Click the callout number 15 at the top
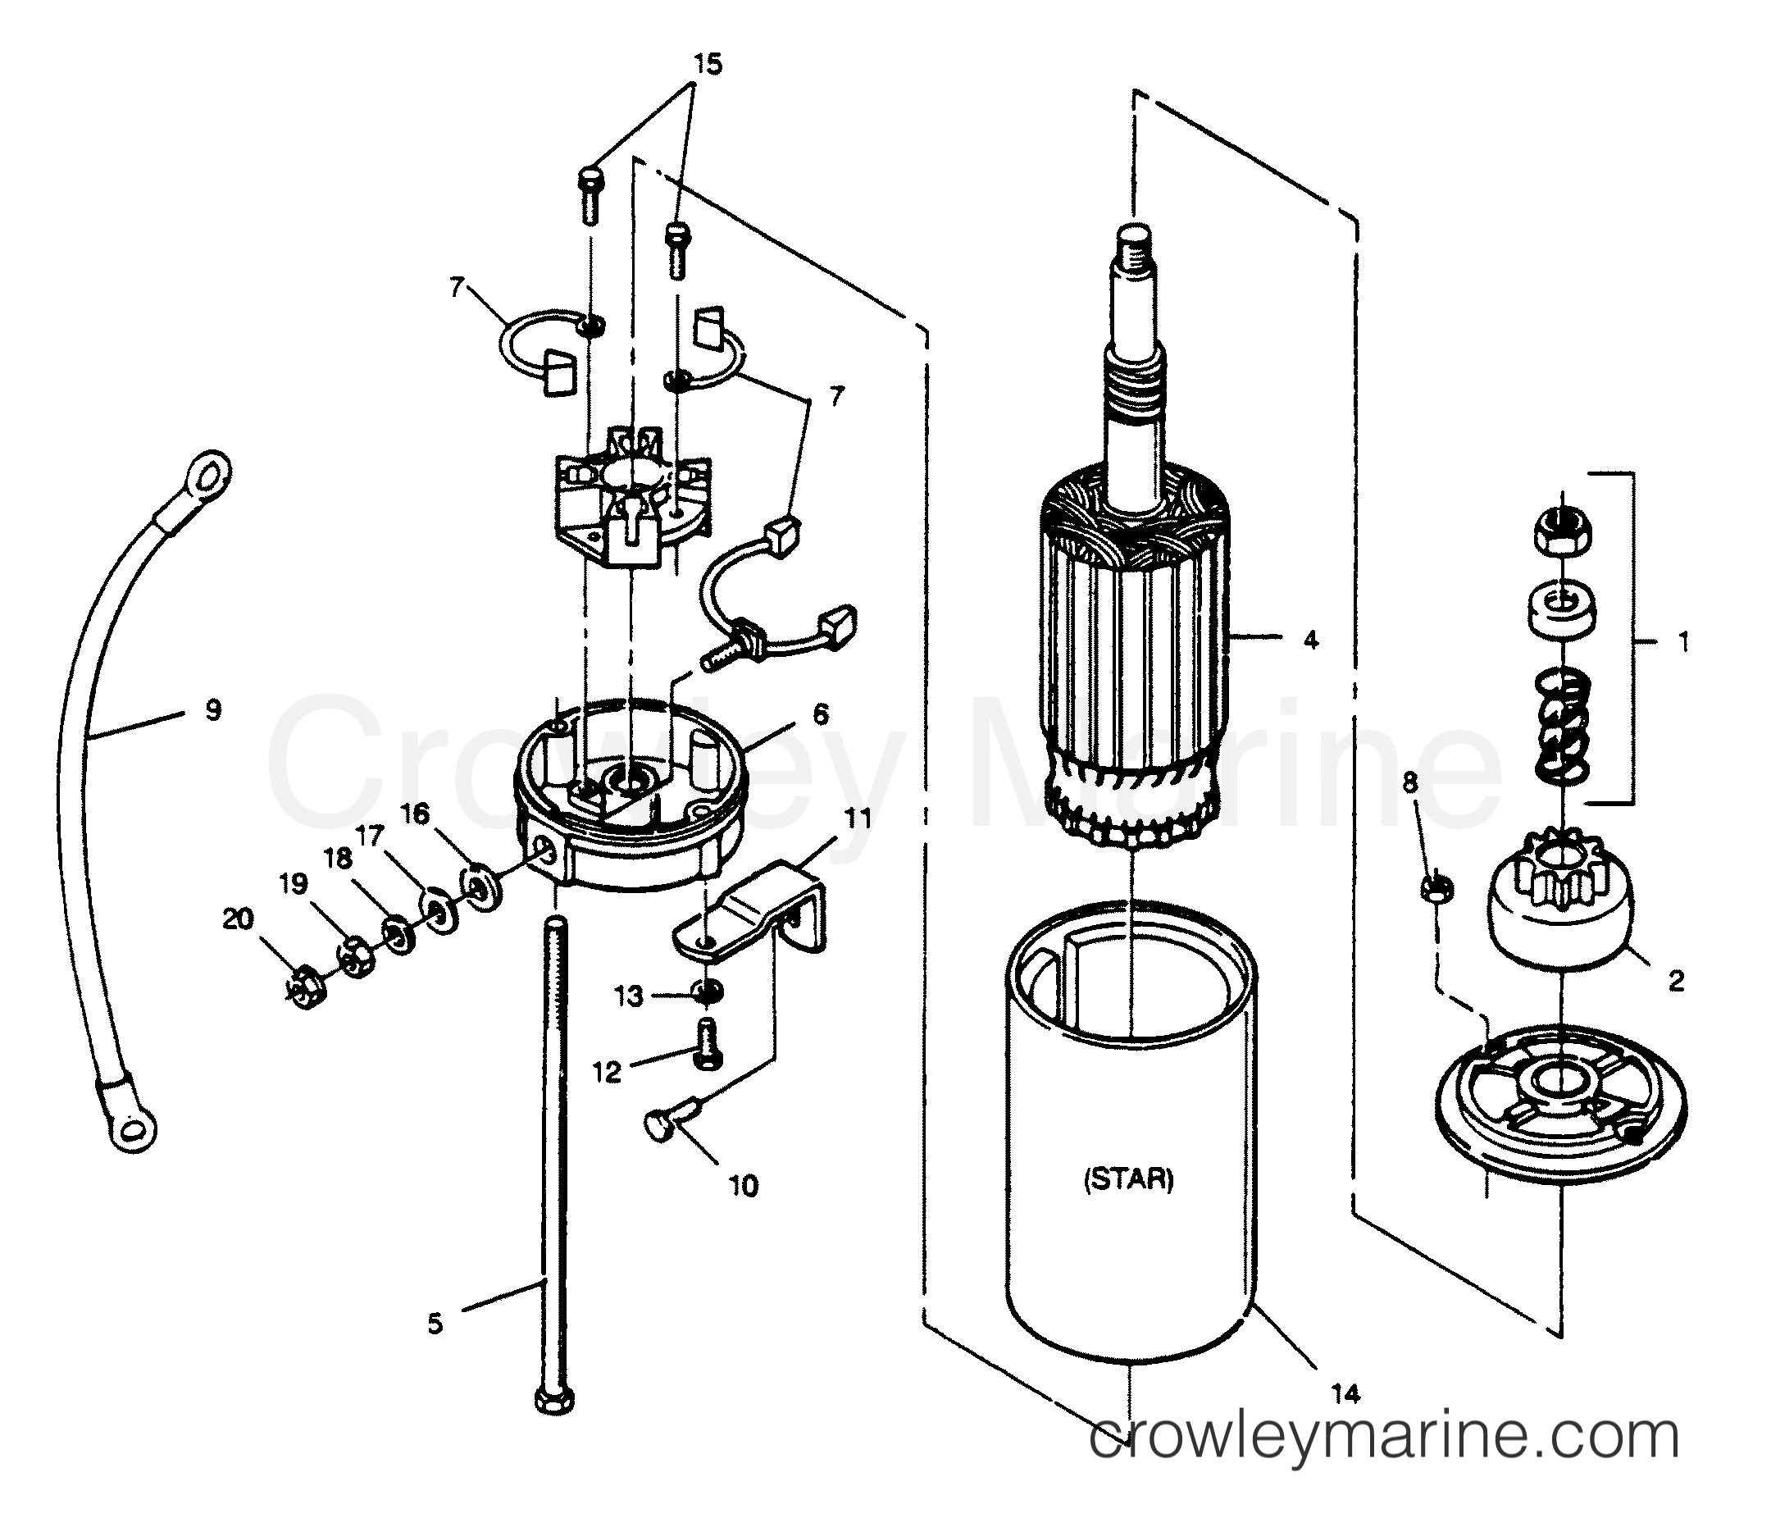pyautogui.click(x=707, y=64)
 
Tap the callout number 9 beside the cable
pyautogui.click(x=214, y=709)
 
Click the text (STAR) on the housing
pyautogui.click(x=1128, y=1179)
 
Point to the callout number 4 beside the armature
pyautogui.click(x=1311, y=640)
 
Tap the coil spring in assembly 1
pyautogui.click(x=1562, y=727)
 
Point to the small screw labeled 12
pyautogui.click(x=708, y=1044)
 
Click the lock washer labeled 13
pyautogui.click(x=708, y=991)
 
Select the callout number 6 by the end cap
pyautogui.click(x=821, y=714)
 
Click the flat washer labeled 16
pyautogui.click(x=482, y=889)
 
